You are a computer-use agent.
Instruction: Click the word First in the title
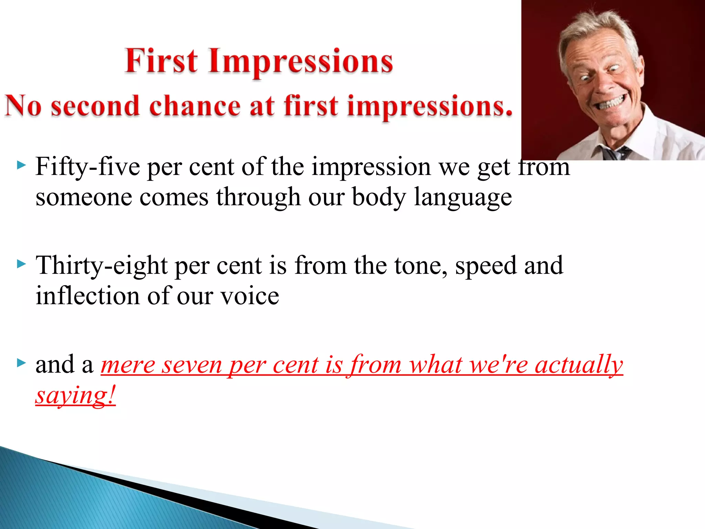click(161, 61)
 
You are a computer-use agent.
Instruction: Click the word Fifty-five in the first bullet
click(87, 167)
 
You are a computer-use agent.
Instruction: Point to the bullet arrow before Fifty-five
click(21, 166)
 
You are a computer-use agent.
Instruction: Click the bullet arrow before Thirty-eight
click(21, 264)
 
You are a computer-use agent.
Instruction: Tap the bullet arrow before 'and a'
click(21, 363)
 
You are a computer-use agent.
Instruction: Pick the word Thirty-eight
click(101, 266)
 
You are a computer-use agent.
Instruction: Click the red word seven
click(192, 365)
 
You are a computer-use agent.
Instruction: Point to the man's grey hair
click(599, 26)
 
